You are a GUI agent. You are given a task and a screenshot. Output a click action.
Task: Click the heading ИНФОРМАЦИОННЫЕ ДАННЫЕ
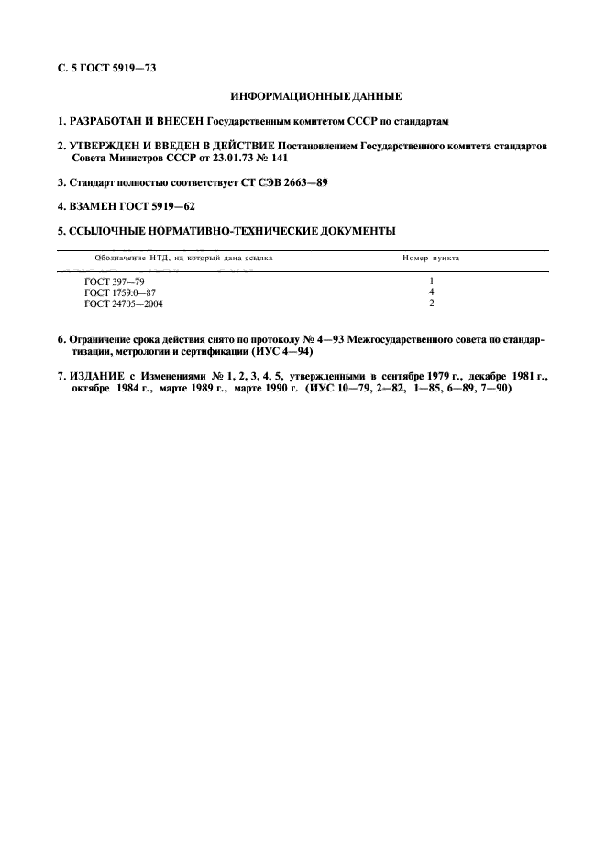tap(303, 96)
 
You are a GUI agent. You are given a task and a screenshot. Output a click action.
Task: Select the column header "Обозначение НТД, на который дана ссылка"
tap(183, 258)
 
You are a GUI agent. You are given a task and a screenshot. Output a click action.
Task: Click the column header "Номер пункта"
tap(431, 258)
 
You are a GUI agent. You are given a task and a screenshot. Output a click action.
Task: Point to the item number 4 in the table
tap(431, 291)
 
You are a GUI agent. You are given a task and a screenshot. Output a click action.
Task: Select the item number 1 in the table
tap(431, 280)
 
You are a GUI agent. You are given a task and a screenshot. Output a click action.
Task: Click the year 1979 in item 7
tap(445, 376)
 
